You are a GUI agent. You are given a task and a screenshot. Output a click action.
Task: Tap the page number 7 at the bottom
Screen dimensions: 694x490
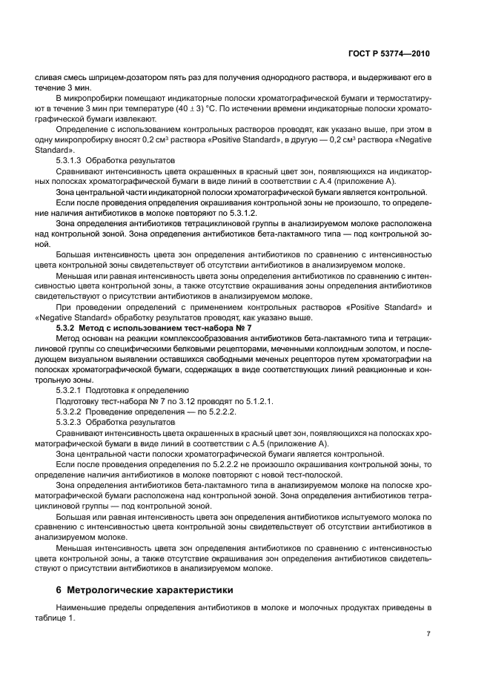[x=428, y=633]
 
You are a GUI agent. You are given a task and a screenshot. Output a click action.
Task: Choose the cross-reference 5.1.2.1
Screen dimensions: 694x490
[x=257, y=400]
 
